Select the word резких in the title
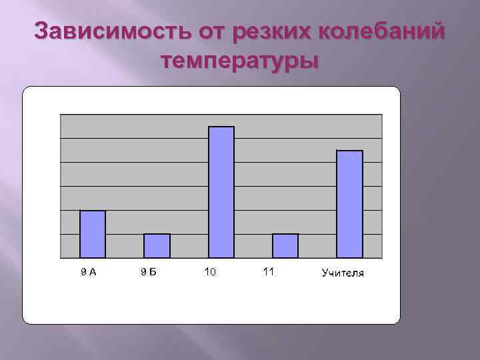(x=274, y=31)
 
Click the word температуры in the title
(x=240, y=62)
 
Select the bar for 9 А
(x=93, y=234)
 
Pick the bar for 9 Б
(x=157, y=246)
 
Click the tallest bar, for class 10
(x=221, y=192)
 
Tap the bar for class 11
(x=285, y=246)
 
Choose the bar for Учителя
(x=349, y=204)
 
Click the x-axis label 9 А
(x=89, y=271)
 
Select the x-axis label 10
(x=210, y=271)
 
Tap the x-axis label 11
(x=269, y=271)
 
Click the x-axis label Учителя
(x=343, y=273)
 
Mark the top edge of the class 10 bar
(x=221, y=127)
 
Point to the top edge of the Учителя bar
(x=349, y=151)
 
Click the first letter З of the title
(x=41, y=31)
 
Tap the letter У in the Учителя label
(x=325, y=273)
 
